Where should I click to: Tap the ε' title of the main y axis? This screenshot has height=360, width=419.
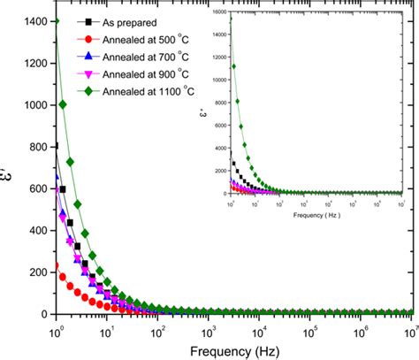(x=8, y=168)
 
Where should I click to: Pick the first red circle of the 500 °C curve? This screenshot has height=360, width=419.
(x=57, y=265)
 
